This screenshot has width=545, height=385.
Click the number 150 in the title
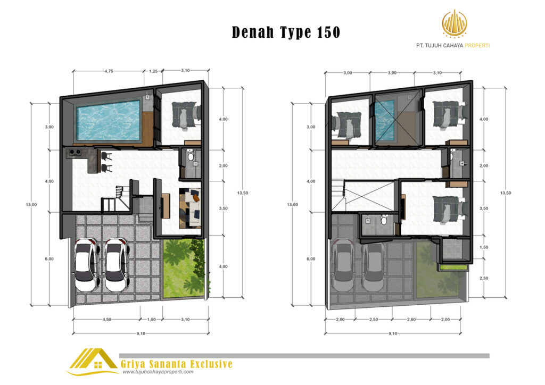click(x=328, y=32)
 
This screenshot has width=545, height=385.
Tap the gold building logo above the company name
click(x=454, y=23)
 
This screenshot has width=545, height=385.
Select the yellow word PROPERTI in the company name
click(x=477, y=46)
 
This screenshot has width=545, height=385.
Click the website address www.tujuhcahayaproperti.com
click(x=158, y=372)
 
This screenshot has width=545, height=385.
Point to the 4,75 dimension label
click(x=109, y=71)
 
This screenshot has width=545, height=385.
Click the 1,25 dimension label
click(x=153, y=71)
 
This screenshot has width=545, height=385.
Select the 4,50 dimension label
click(x=106, y=320)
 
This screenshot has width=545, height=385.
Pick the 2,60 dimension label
click(x=411, y=320)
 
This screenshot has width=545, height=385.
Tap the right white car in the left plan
click(x=117, y=264)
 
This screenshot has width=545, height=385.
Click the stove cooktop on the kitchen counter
click(x=75, y=152)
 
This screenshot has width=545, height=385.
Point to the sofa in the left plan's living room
click(x=190, y=208)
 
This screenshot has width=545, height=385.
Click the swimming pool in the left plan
click(x=109, y=120)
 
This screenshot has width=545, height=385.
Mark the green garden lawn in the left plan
click(x=183, y=269)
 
